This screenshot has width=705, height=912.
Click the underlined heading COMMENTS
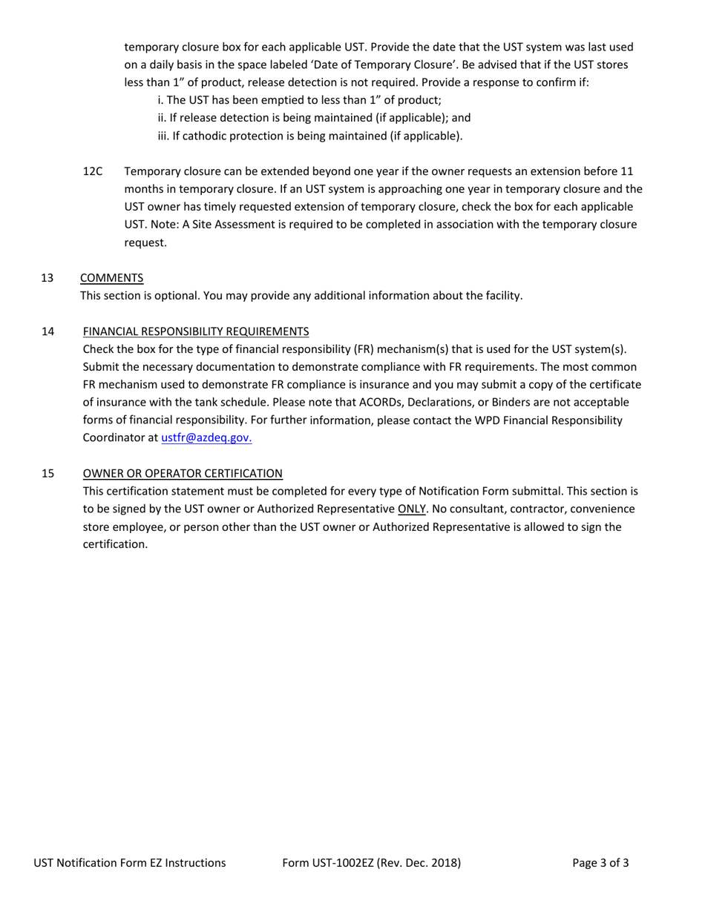click(x=111, y=278)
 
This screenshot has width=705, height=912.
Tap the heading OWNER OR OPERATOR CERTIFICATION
click(x=183, y=473)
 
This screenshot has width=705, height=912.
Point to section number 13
click(x=47, y=278)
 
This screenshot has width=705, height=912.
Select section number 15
click(x=47, y=473)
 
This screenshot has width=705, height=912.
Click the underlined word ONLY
click(x=412, y=509)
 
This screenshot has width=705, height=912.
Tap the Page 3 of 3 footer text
click(x=601, y=863)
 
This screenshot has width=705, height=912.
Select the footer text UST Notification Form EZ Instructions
click(x=130, y=863)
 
